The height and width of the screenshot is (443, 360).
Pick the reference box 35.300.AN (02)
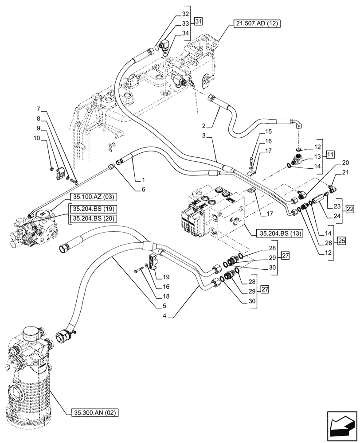click(x=94, y=413)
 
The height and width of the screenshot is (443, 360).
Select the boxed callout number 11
click(x=330, y=155)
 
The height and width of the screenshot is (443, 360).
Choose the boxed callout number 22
click(x=350, y=197)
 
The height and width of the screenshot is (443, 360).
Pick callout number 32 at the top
click(x=172, y=14)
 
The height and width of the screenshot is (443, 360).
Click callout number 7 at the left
click(x=39, y=109)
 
